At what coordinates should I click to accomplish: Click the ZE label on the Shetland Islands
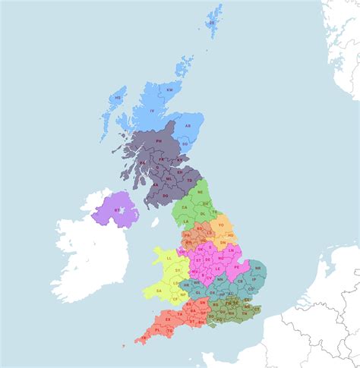point(212,23)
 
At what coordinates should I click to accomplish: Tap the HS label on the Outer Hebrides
point(118,98)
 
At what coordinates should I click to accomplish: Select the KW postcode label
point(169,90)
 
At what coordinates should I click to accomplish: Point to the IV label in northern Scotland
point(152,112)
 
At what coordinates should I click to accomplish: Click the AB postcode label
point(188,126)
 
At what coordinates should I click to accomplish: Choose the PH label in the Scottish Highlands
point(159,140)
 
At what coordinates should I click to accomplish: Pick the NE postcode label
point(200,193)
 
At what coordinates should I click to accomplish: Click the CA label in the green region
point(184,206)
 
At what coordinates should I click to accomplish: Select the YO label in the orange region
point(221,225)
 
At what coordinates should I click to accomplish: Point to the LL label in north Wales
point(169,258)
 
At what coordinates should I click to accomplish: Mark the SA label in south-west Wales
point(159,291)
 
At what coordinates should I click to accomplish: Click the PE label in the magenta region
point(236,267)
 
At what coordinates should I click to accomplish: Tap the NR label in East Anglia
point(258,268)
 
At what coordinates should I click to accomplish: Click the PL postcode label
point(156,331)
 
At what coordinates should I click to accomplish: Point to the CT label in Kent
point(255,309)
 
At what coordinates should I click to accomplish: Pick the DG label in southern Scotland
point(165,195)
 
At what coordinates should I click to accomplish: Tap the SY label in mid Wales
point(178,270)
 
